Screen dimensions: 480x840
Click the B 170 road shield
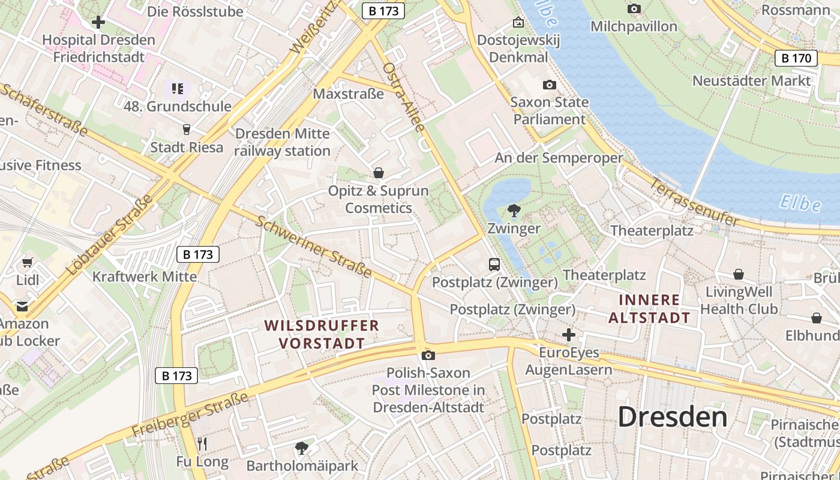[x=796, y=58]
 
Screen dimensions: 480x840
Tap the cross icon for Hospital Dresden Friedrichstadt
[x=98, y=23]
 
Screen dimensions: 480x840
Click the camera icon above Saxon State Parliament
[x=549, y=85]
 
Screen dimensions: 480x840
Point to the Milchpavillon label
[x=634, y=26]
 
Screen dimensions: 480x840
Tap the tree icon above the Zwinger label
[x=514, y=211]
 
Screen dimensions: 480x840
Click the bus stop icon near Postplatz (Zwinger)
[x=494, y=264]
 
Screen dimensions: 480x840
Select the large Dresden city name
[x=672, y=416]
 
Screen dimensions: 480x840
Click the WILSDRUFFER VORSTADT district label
[x=322, y=334]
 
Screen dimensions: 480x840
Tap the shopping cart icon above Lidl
[x=27, y=262]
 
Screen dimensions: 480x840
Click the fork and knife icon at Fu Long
[x=202, y=444]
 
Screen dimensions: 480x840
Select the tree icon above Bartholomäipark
[x=302, y=448]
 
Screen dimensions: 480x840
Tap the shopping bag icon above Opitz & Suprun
[x=379, y=173]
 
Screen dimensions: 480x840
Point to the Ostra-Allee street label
[x=404, y=96]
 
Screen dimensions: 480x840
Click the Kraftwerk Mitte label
[x=144, y=277]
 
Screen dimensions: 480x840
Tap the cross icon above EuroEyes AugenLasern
[x=569, y=334]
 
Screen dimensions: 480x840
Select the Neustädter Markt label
[x=751, y=80]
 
